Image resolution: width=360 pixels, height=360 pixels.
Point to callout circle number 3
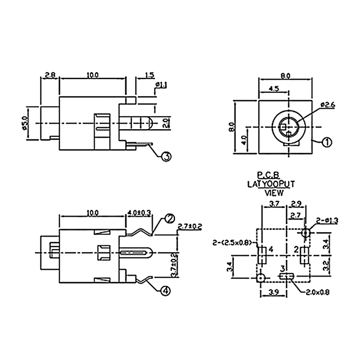(x=166, y=156)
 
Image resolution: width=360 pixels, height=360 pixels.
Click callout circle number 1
(x=327, y=143)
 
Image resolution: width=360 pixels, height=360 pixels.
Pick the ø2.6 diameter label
(x=328, y=105)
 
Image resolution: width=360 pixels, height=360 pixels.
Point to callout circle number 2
(x=170, y=218)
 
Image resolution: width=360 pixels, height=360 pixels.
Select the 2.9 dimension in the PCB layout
(x=297, y=204)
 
